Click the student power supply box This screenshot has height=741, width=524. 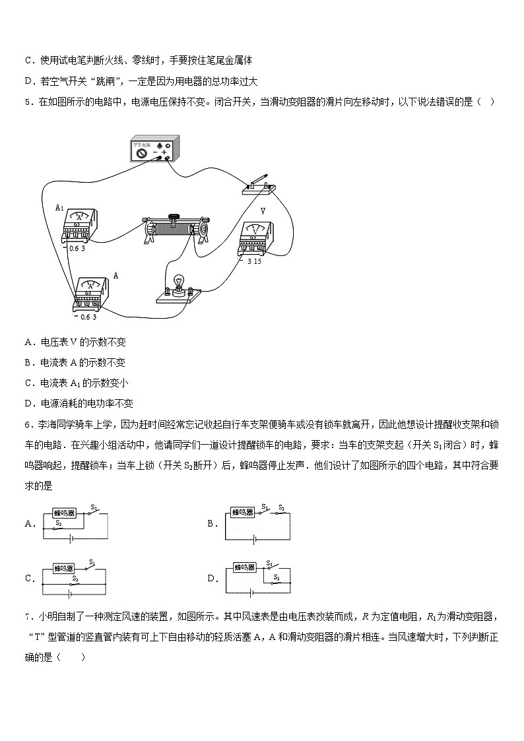tap(154, 150)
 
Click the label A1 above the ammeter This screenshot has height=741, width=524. tap(59, 207)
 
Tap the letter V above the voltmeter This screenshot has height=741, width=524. tap(263, 211)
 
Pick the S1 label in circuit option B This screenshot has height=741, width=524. tap(264, 506)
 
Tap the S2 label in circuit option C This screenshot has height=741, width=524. tap(75, 579)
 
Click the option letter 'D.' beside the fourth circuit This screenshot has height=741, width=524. tap(213, 579)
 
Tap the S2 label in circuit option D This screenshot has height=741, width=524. tap(277, 577)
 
